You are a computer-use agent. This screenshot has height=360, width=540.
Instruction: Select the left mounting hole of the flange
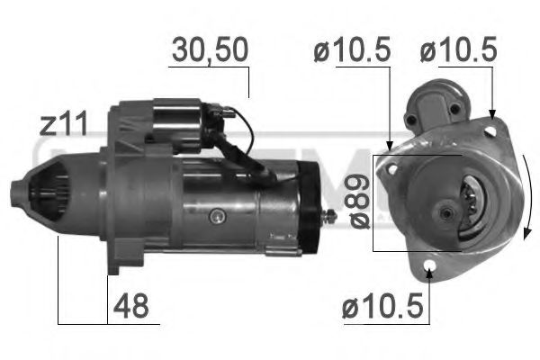tap(392, 166)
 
